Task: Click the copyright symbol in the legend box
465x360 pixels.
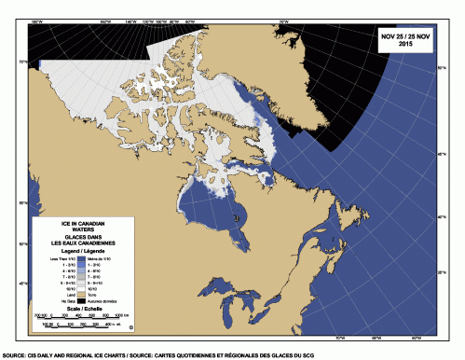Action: pyautogui.click(x=131, y=327)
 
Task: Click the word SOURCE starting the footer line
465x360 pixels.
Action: pyautogui.click(x=14, y=355)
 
